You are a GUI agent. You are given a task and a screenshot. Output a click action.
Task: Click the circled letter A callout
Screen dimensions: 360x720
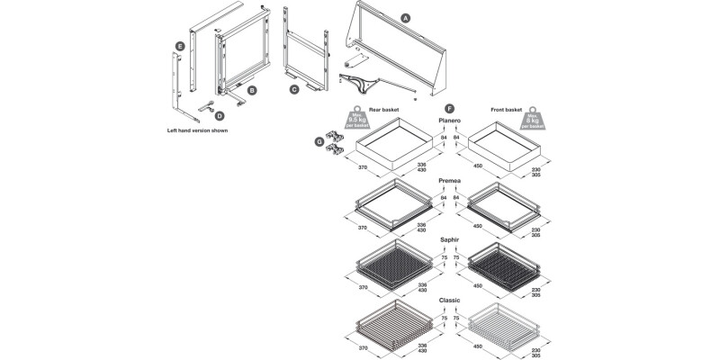click(405, 18)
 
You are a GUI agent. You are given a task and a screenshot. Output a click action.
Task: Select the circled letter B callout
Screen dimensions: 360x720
click(253, 90)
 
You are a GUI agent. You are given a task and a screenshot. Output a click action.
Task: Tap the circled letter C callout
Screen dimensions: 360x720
click(294, 89)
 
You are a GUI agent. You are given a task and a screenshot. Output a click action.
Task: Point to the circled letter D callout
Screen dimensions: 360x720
click(219, 115)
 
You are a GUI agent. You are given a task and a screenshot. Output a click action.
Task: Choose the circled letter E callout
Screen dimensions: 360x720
click(181, 45)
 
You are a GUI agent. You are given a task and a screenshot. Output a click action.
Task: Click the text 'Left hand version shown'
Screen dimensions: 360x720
click(198, 130)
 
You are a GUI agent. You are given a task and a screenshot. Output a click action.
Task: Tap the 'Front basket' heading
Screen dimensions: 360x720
click(507, 110)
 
